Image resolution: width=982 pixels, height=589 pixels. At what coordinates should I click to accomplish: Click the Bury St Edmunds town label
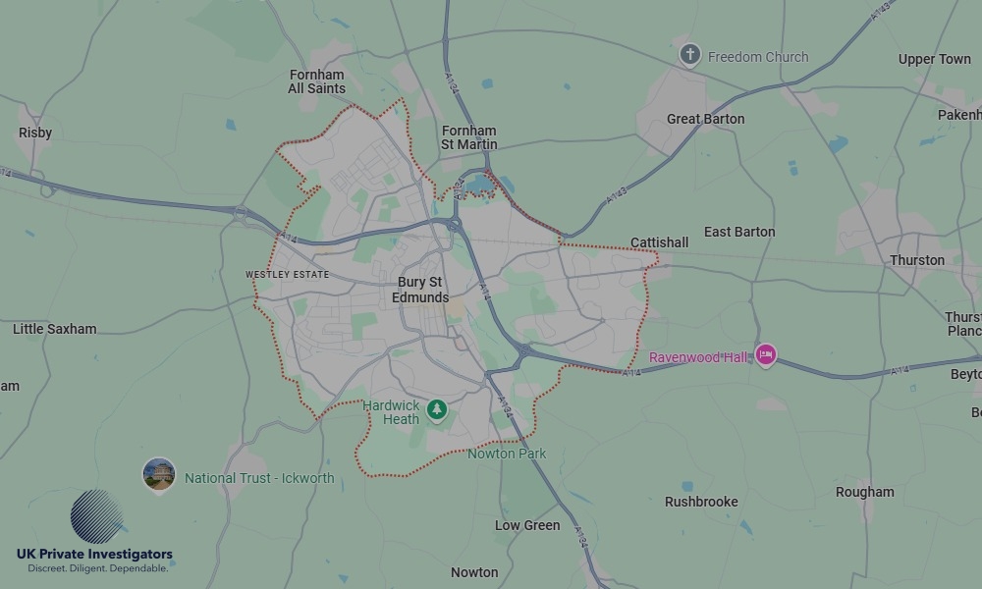tap(421, 290)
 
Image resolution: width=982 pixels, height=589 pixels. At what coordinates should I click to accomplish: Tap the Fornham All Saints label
tap(316, 81)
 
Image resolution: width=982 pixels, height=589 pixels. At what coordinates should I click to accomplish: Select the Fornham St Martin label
tap(468, 137)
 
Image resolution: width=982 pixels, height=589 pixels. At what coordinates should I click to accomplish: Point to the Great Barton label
tap(705, 119)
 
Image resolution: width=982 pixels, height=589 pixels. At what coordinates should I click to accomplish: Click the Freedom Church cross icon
tap(690, 55)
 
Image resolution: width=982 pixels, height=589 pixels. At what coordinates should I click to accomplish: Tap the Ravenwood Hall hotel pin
tap(766, 355)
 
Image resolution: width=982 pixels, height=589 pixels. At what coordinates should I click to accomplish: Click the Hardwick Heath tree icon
tap(436, 410)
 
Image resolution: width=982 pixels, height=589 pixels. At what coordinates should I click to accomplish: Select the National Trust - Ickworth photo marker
tap(159, 475)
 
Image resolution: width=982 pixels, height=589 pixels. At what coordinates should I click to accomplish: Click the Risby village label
tap(35, 133)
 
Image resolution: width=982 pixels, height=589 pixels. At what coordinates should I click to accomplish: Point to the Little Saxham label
tap(55, 329)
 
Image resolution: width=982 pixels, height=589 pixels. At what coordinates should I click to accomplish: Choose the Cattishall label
tap(659, 242)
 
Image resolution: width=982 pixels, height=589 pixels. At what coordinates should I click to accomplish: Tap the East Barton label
tap(739, 232)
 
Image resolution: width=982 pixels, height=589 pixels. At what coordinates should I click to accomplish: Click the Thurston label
tap(917, 260)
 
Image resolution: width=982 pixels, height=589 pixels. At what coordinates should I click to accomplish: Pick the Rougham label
tap(864, 492)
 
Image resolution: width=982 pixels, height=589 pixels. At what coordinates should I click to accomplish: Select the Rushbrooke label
tap(701, 502)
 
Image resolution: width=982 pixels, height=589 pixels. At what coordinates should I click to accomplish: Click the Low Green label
tap(527, 525)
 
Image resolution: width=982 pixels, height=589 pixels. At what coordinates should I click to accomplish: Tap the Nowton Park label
tap(507, 454)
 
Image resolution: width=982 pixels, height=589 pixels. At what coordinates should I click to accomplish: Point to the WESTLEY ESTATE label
tap(287, 275)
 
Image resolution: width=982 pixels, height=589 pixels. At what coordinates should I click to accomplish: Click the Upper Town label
tap(934, 59)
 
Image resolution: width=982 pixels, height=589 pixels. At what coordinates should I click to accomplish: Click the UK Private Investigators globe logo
tap(96, 517)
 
